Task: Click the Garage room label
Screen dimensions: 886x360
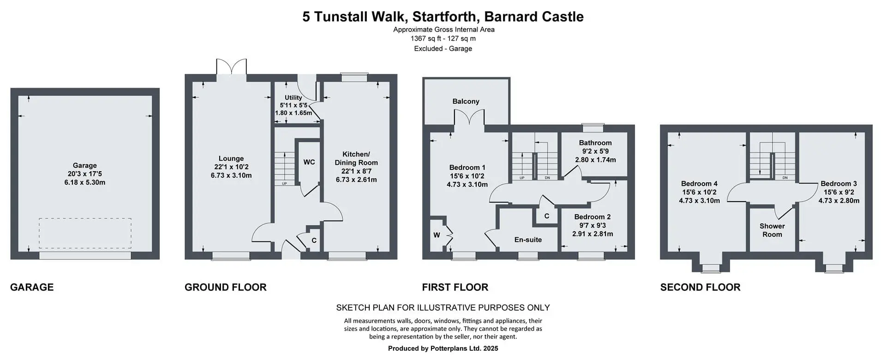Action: pyautogui.click(x=85, y=165)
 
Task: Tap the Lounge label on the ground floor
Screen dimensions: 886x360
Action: pyautogui.click(x=231, y=158)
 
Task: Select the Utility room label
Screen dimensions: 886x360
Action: pyautogui.click(x=293, y=97)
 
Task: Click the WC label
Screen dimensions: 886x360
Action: pyautogui.click(x=309, y=162)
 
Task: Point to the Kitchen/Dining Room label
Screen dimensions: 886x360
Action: pyautogui.click(x=356, y=158)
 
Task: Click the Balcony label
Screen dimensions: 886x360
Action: pyautogui.click(x=466, y=102)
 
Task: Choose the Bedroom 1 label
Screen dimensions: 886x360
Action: pyautogui.click(x=467, y=168)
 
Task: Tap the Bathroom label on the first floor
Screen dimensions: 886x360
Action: pyautogui.click(x=595, y=143)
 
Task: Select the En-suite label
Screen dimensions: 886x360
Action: pyautogui.click(x=528, y=240)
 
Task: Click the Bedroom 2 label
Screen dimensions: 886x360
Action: pyautogui.click(x=593, y=217)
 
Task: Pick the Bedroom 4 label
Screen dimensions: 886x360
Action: pyautogui.click(x=699, y=184)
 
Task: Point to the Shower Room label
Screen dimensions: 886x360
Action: pyautogui.click(x=772, y=230)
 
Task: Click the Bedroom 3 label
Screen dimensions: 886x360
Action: pyautogui.click(x=839, y=184)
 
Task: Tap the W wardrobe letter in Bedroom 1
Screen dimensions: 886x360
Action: pyautogui.click(x=437, y=235)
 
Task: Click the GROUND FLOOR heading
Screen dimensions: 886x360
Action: pyautogui.click(x=226, y=287)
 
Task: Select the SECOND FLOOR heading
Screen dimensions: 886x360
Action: pyautogui.click(x=700, y=287)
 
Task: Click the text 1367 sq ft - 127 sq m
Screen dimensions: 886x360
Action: pyautogui.click(x=443, y=39)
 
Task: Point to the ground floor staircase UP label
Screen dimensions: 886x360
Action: pyautogui.click(x=284, y=184)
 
